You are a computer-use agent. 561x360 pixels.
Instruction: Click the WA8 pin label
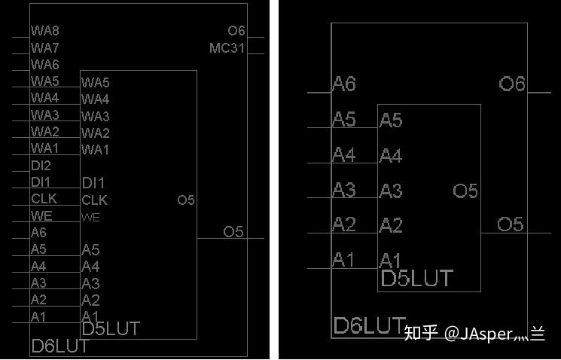click(44, 31)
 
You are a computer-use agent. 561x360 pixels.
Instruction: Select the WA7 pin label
click(44, 47)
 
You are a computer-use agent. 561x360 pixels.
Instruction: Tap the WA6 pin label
click(44, 65)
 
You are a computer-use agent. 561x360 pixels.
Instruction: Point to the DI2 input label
click(41, 166)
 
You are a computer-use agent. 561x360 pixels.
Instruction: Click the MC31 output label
click(227, 48)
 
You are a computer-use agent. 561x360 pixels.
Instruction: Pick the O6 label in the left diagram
click(236, 31)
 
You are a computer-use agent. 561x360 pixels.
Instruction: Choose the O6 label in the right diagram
click(512, 84)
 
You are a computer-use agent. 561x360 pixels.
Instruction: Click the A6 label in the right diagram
click(343, 84)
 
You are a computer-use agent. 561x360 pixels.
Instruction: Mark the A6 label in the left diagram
click(38, 233)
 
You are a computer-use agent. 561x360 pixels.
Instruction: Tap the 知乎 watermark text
click(421, 333)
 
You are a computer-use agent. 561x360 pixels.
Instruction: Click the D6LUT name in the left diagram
click(60, 346)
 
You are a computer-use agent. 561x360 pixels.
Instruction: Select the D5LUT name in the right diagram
click(416, 279)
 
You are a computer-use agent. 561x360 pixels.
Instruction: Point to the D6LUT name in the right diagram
click(369, 326)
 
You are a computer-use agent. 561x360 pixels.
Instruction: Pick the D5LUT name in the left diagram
click(110, 328)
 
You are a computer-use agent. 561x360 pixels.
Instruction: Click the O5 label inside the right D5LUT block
click(465, 191)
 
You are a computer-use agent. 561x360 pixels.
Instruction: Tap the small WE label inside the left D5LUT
click(90, 217)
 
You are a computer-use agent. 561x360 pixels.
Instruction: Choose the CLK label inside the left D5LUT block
click(94, 200)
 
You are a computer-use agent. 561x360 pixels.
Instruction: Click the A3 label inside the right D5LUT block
click(391, 191)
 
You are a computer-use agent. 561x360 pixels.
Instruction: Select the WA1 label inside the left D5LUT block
click(95, 149)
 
